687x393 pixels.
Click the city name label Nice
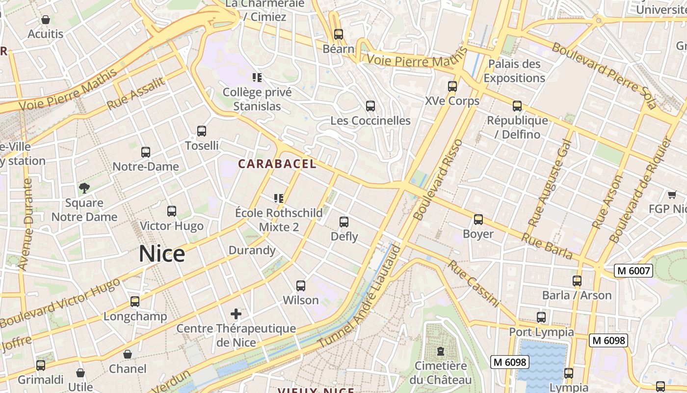pyautogui.click(x=162, y=254)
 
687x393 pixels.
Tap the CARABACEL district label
pyautogui.click(x=277, y=164)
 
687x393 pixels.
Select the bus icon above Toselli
pyautogui.click(x=202, y=131)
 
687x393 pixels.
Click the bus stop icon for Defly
pyautogui.click(x=344, y=222)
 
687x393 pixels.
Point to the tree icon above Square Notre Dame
pyautogui.click(x=84, y=188)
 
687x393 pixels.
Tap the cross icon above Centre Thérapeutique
pyautogui.click(x=236, y=313)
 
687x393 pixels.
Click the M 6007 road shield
pyautogui.click(x=634, y=270)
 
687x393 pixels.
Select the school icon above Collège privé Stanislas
pyautogui.click(x=257, y=77)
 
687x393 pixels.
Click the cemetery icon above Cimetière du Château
pyautogui.click(x=441, y=351)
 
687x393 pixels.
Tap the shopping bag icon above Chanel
pyautogui.click(x=128, y=354)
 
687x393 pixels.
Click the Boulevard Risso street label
pyautogui.click(x=438, y=180)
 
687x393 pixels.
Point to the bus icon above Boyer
pyautogui.click(x=478, y=219)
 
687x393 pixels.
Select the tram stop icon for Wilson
pyautogui.click(x=301, y=285)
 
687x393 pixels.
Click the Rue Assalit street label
pyautogui.click(x=136, y=93)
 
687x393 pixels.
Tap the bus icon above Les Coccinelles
pyautogui.click(x=370, y=106)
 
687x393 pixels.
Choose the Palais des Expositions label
pyautogui.click(x=514, y=71)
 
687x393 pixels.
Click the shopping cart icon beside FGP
pyautogui.click(x=672, y=195)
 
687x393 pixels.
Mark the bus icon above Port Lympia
pyautogui.click(x=541, y=317)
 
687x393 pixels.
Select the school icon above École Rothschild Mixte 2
pyautogui.click(x=279, y=198)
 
